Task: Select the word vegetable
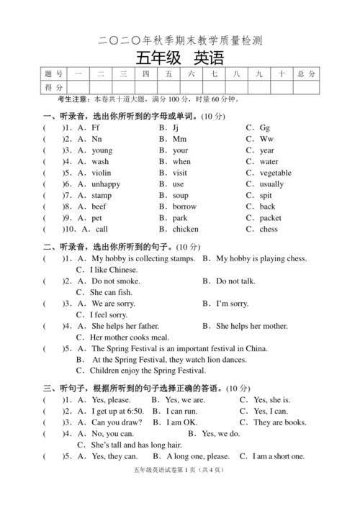click(275, 173)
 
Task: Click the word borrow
click(184, 207)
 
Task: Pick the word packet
click(271, 218)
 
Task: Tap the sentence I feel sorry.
click(109, 314)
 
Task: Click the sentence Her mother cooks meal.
click(130, 337)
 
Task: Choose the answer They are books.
click(280, 422)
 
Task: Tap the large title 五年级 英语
click(179, 58)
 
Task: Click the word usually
click(271, 184)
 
